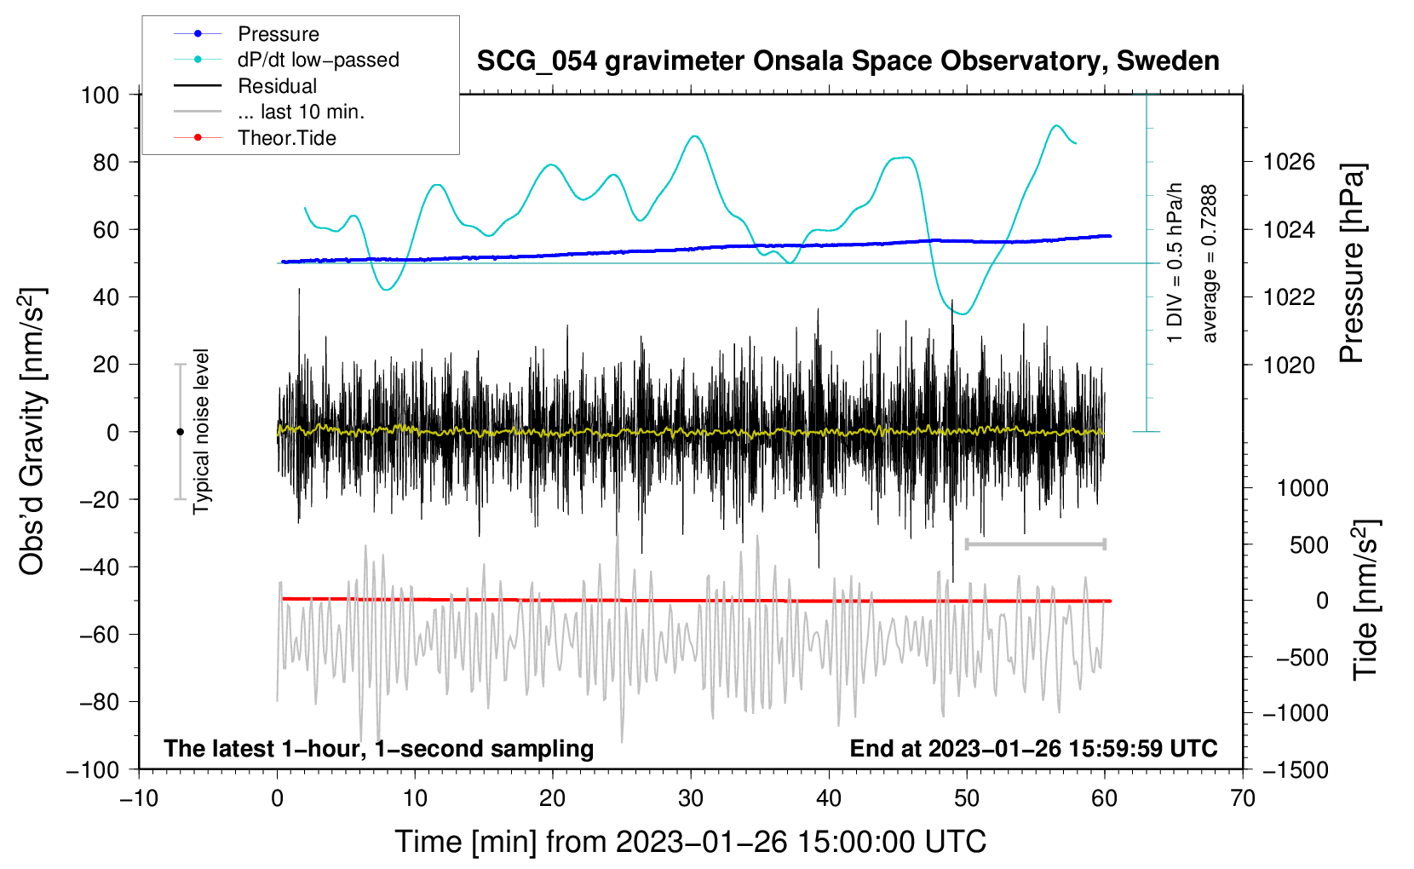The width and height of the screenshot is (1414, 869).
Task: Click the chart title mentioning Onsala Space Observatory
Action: click(x=848, y=60)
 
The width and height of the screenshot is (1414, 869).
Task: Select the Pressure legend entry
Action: click(x=246, y=33)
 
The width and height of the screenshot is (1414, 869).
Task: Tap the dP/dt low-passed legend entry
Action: click(x=286, y=60)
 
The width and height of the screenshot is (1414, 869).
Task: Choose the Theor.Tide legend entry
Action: click(x=255, y=138)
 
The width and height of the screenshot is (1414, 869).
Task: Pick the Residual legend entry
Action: click(x=245, y=86)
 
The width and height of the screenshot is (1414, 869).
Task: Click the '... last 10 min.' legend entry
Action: click(x=269, y=112)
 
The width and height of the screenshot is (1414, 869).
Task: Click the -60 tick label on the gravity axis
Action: click(x=99, y=634)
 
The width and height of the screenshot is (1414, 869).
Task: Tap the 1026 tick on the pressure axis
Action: click(x=1289, y=163)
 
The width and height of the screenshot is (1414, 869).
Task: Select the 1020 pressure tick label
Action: click(x=1289, y=365)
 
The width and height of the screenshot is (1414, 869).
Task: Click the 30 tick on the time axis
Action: click(x=691, y=798)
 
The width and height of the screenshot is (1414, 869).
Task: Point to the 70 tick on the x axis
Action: click(x=1242, y=798)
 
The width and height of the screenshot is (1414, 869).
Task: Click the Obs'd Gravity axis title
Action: click(x=32, y=431)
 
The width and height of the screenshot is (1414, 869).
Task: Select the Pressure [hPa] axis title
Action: click(x=1352, y=263)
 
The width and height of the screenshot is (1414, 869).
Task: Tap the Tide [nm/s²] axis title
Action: click(x=1366, y=600)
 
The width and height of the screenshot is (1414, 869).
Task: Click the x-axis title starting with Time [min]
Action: click(x=690, y=842)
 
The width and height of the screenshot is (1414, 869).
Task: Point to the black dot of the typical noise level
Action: click(x=180, y=432)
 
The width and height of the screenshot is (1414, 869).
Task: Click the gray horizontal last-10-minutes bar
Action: click(x=1035, y=544)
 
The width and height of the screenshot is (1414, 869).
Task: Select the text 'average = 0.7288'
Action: click(x=1208, y=263)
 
